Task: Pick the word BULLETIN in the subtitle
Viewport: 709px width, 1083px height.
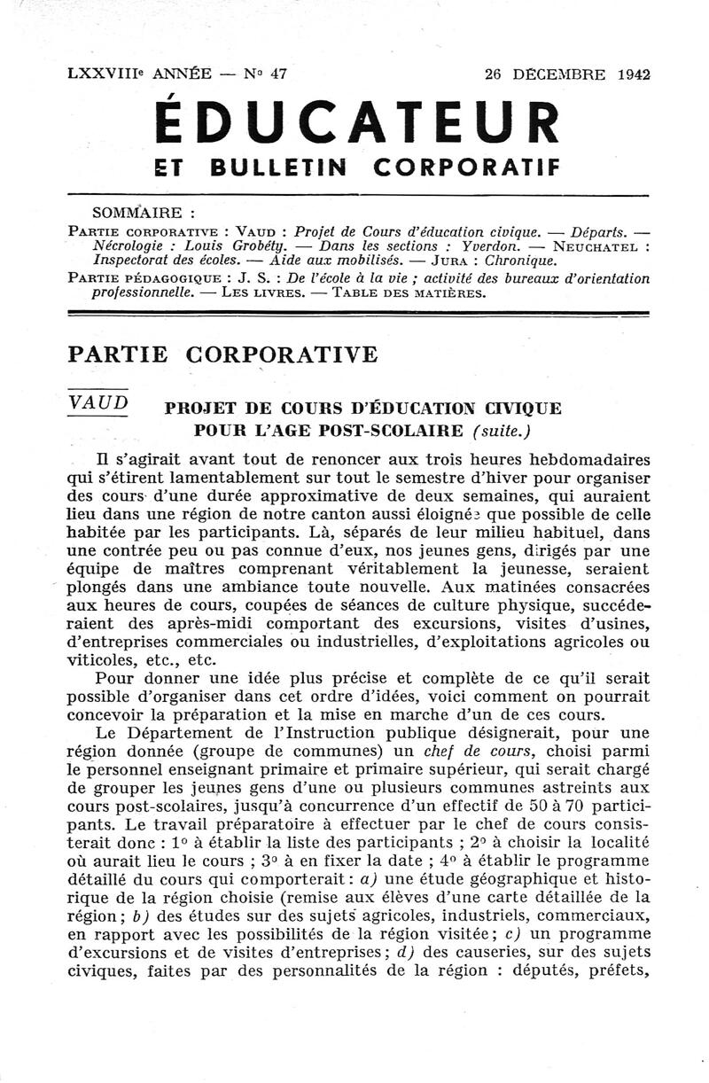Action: pyautogui.click(x=279, y=166)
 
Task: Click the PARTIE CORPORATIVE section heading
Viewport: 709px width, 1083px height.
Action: pyautogui.click(x=222, y=355)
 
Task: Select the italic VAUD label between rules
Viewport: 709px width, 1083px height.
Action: pyautogui.click(x=97, y=402)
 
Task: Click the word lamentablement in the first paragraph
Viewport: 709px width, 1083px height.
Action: pyautogui.click(x=209, y=479)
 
